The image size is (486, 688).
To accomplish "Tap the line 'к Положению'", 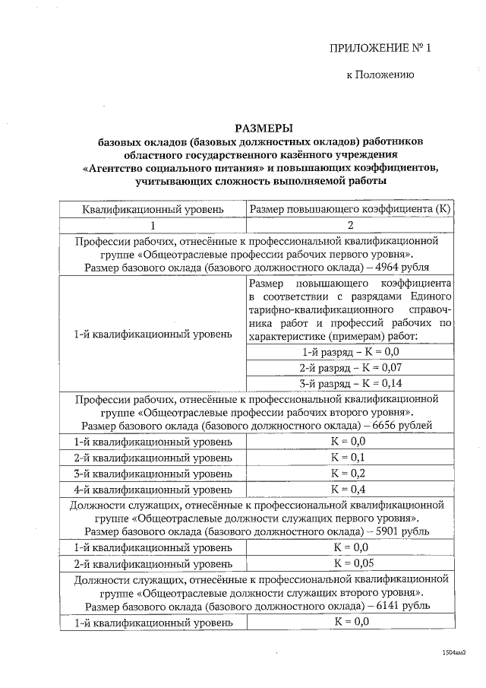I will pyautogui.click(x=379, y=75).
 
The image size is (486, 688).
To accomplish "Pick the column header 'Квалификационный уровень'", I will pyautogui.click(x=153, y=208).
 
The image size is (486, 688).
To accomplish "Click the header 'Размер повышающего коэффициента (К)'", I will pyautogui.click(x=350, y=208).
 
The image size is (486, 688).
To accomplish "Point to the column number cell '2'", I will pyautogui.click(x=350, y=226).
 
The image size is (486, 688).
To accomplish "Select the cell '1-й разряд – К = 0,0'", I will pyautogui.click(x=350, y=352).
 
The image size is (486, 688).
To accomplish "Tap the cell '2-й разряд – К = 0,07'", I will pyautogui.click(x=350, y=367).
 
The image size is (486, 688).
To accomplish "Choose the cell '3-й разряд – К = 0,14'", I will pyautogui.click(x=350, y=382).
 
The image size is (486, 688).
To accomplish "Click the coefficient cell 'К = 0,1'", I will pyautogui.click(x=350, y=458).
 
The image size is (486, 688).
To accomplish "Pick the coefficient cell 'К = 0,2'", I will pyautogui.click(x=350, y=473).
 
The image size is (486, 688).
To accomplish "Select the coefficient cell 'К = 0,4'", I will pyautogui.click(x=350, y=488).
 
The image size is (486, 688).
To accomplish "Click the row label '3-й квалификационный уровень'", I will pyautogui.click(x=153, y=473).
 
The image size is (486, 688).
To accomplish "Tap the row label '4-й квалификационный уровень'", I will pyautogui.click(x=153, y=488).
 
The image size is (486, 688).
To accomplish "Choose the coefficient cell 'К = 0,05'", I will pyautogui.click(x=350, y=563).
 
